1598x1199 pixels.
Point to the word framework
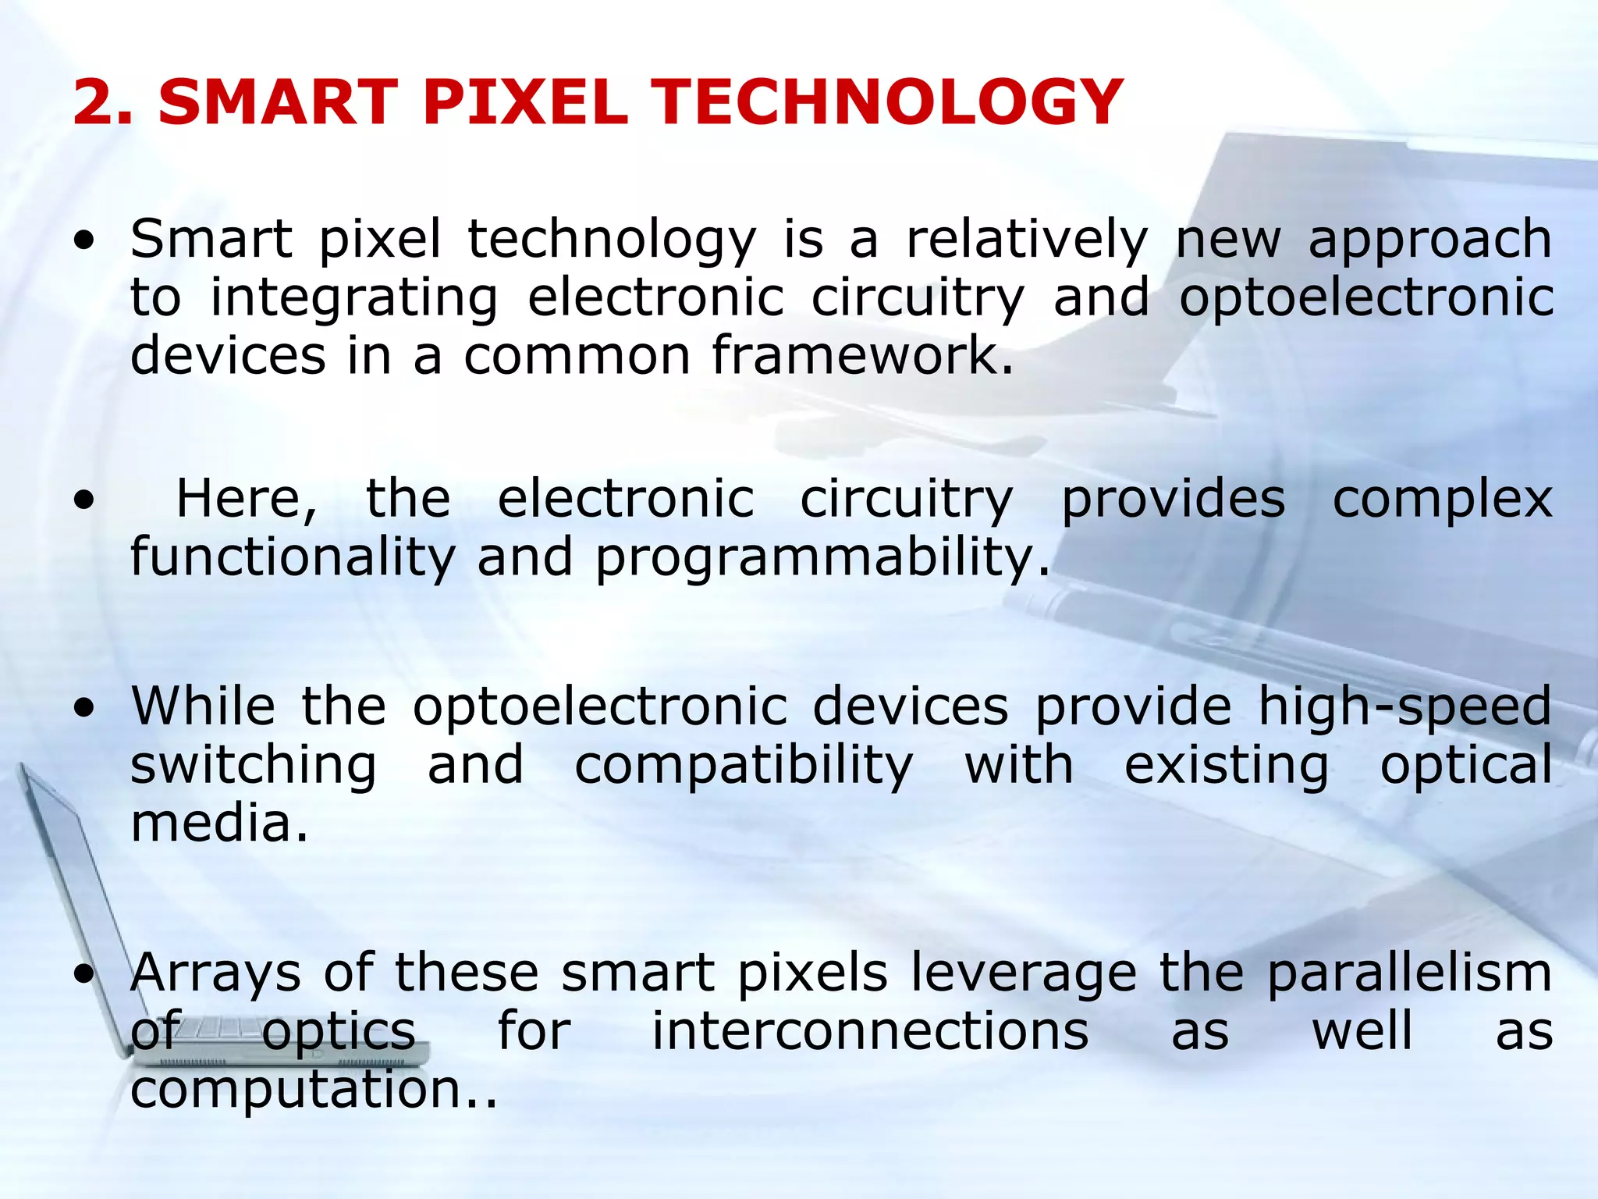(862, 356)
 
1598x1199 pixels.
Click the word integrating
(353, 299)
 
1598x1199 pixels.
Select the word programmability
(823, 558)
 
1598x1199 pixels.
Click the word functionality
(293, 558)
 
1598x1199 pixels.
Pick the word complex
(1442, 500)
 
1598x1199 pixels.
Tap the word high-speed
(1404, 707)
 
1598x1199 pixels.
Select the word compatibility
(743, 767)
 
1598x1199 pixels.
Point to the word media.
(219, 824)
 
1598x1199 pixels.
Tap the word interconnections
(870, 1031)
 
